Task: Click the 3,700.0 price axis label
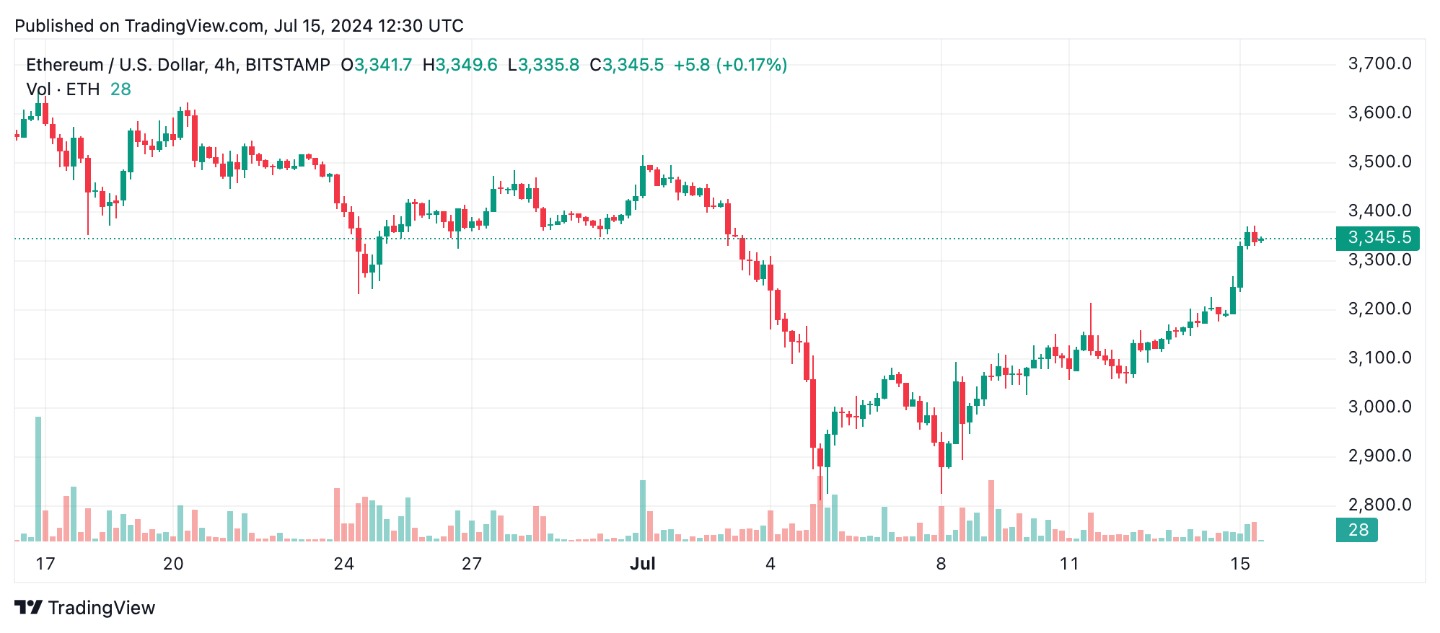(1379, 64)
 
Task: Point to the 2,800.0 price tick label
(1379, 505)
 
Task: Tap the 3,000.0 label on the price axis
(1379, 407)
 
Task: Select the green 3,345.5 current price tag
(1378, 238)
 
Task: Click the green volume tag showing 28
(1357, 530)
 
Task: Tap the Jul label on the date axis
(642, 564)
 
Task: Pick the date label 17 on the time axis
(45, 564)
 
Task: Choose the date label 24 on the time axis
(344, 564)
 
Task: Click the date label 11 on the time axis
(1069, 564)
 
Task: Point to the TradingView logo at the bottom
(85, 608)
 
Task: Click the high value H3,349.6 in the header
(460, 65)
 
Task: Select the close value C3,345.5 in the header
(626, 65)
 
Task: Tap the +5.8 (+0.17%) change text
(730, 65)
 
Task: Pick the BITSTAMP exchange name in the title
(288, 65)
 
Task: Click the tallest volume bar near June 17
(38, 479)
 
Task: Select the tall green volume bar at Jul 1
(643, 510)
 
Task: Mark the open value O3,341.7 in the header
(377, 65)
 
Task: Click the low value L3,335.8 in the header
(543, 65)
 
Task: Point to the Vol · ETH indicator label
(63, 89)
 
